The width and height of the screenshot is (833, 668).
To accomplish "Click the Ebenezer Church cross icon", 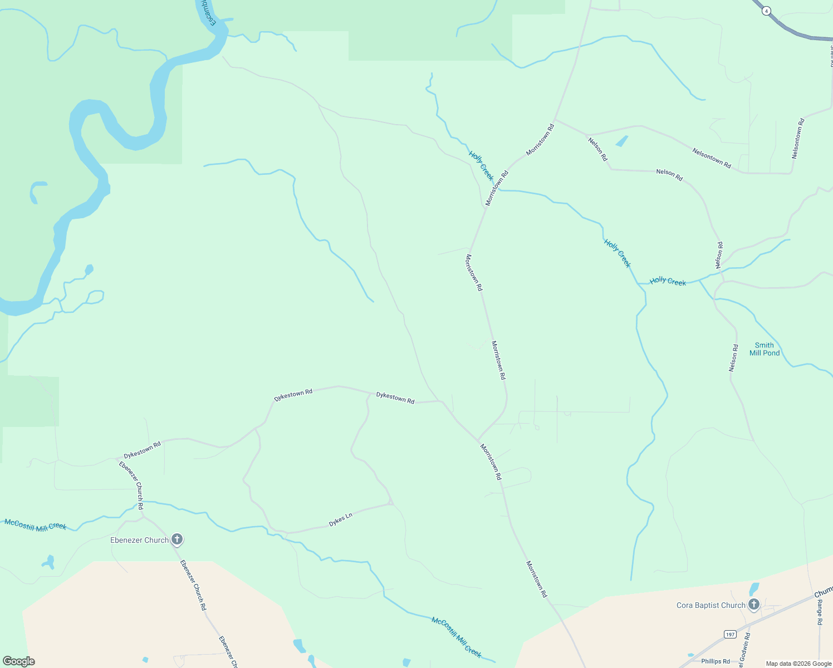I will pos(177,539).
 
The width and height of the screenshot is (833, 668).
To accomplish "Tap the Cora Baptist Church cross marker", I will pos(754,605).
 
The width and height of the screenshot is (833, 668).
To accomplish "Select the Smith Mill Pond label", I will pos(765,349).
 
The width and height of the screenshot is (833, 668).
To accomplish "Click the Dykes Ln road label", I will pos(340,520).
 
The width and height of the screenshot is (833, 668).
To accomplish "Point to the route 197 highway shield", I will pos(730,634).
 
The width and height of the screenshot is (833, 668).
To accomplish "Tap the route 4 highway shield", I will pos(767,11).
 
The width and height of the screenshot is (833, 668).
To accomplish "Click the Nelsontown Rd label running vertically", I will pos(798,139).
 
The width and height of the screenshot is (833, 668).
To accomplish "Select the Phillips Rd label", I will pos(716,661).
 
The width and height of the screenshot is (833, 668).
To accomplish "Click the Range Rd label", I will pos(820,612).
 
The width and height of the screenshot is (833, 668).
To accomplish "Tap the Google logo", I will pos(18,661).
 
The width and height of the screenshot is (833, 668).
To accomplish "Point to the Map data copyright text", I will pos(798,664).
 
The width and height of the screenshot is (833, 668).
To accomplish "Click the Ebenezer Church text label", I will pos(139,540).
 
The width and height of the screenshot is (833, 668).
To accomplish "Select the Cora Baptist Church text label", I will pos(710,605).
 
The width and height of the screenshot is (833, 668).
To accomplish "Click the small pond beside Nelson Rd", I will pos(621,141).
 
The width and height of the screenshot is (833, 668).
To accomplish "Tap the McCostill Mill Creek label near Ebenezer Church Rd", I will pos(36,525).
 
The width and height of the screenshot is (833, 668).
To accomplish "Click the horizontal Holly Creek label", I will pos(668,282).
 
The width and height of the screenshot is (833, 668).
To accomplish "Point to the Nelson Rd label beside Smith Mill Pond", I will pos(734,358).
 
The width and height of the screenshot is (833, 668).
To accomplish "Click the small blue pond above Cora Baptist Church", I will pos(754,589).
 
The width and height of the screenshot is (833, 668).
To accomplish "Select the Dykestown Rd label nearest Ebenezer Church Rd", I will pos(142,450).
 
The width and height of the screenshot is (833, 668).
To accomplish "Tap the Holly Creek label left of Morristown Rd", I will pos(481,165).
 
